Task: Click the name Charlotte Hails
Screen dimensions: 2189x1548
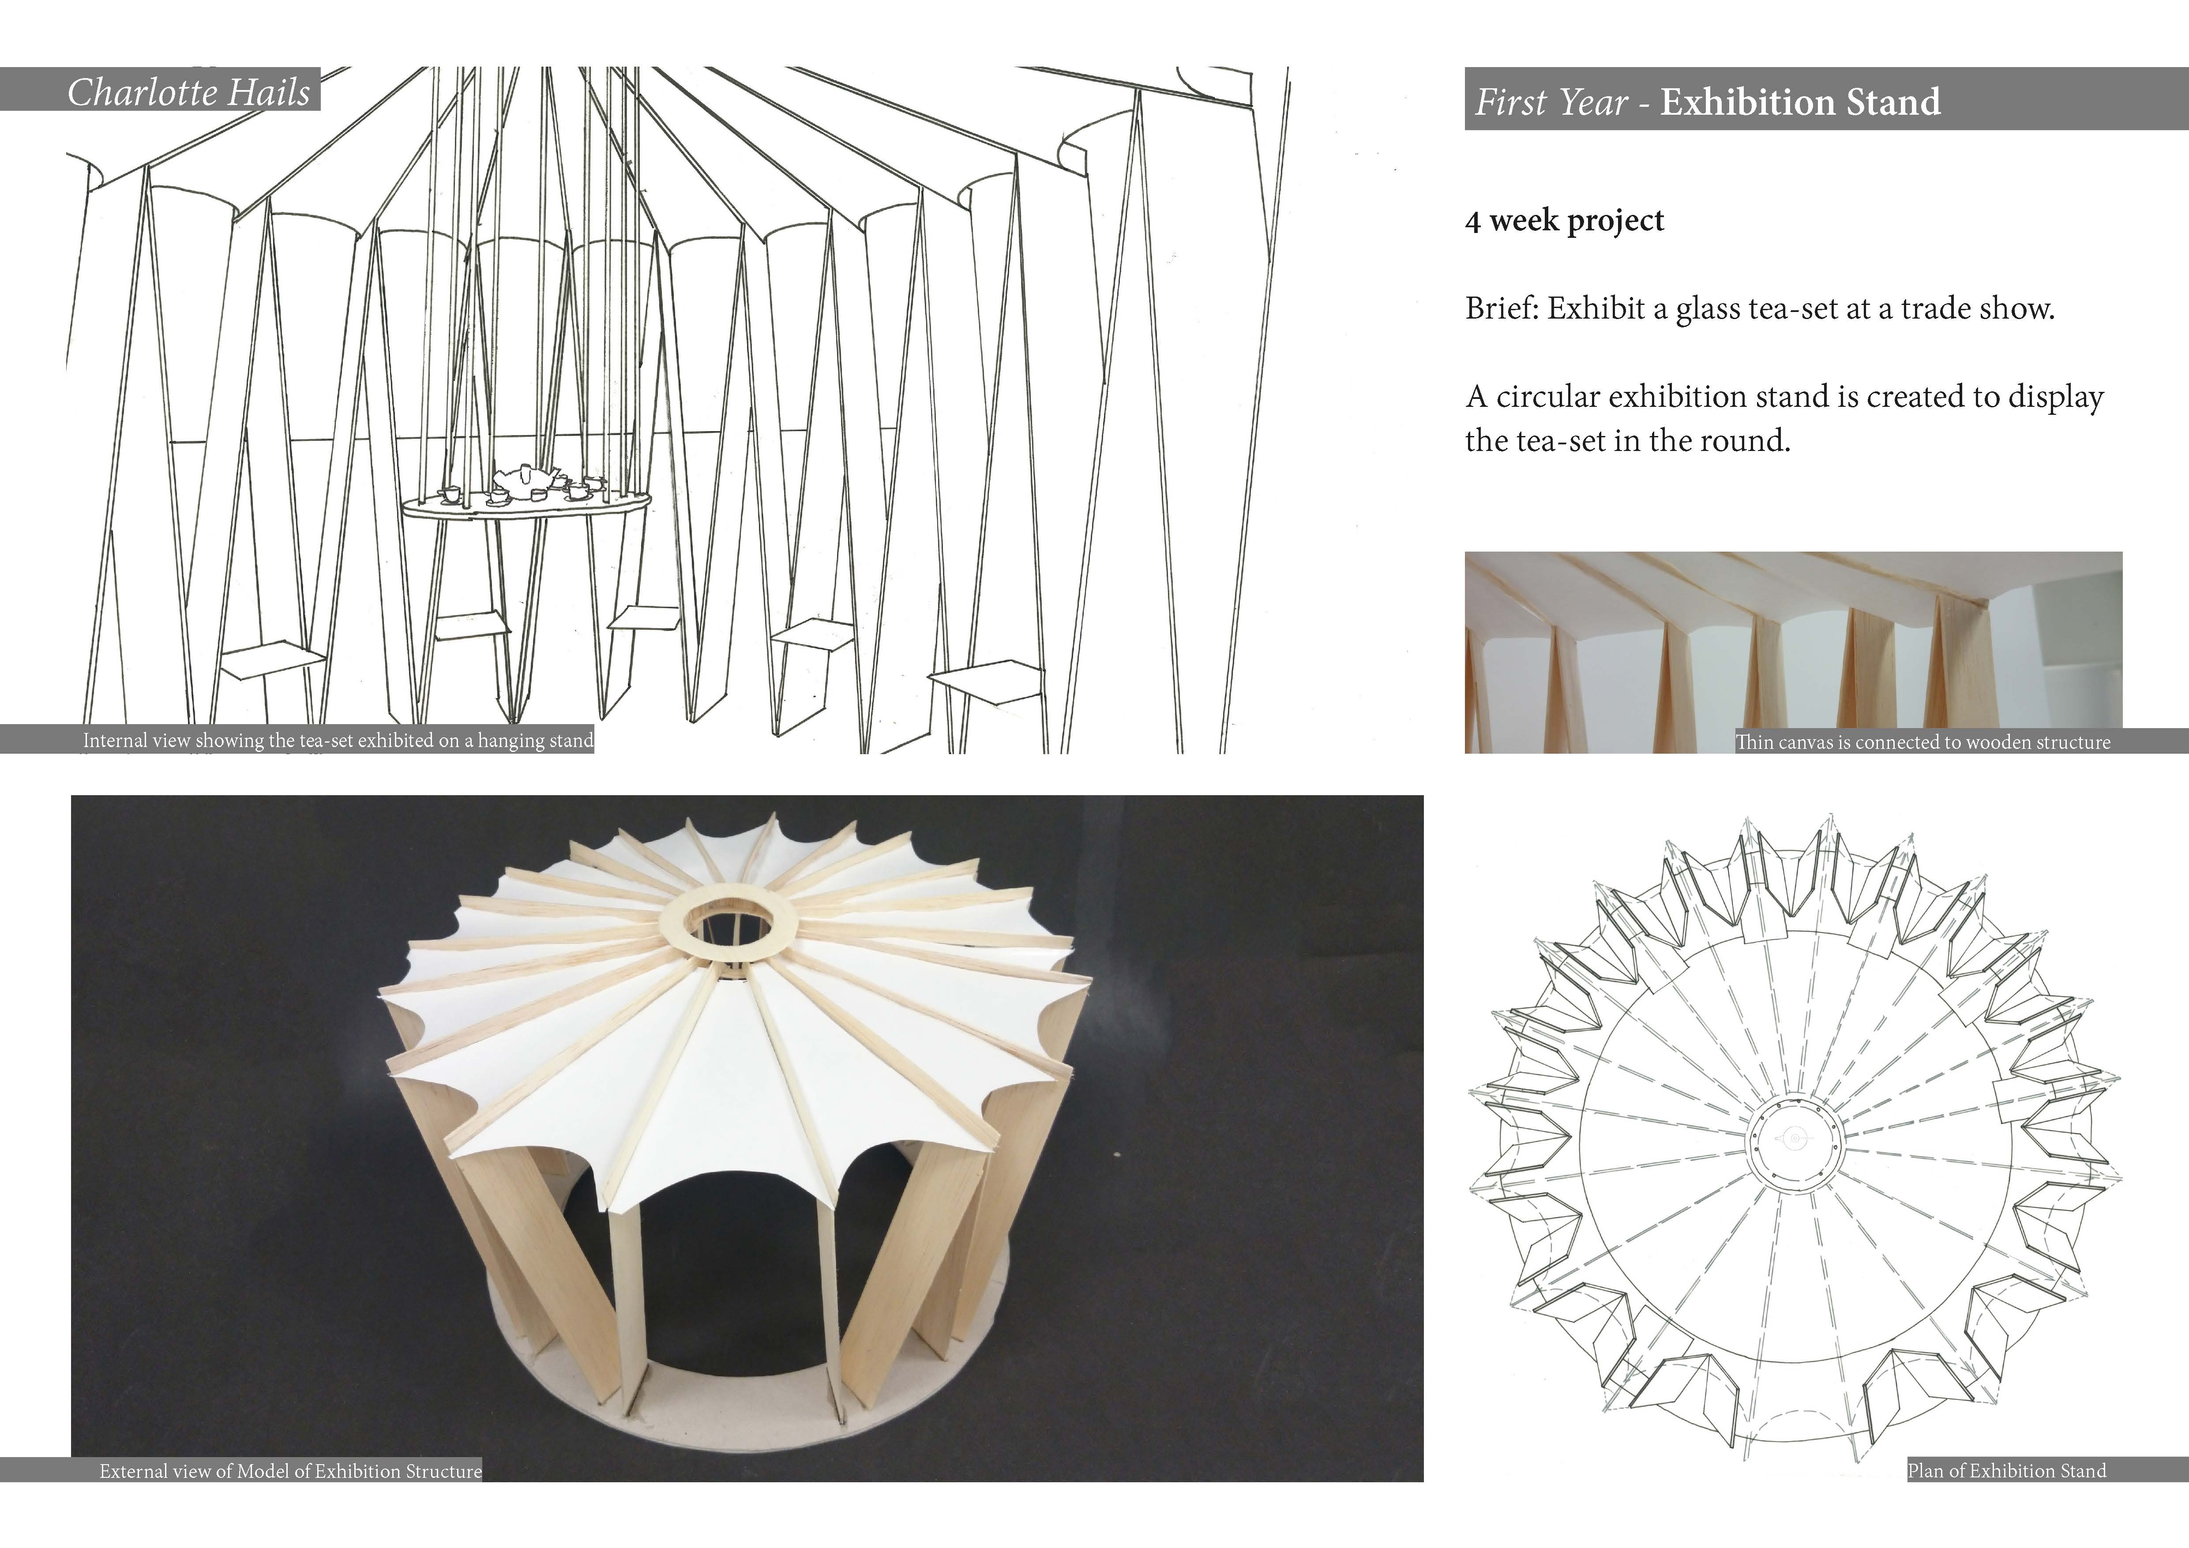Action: click(189, 93)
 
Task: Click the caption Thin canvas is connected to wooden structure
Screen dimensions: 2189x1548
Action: click(1923, 742)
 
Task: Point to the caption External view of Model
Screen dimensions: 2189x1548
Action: click(291, 1471)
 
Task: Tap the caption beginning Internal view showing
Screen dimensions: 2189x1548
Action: click(338, 740)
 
